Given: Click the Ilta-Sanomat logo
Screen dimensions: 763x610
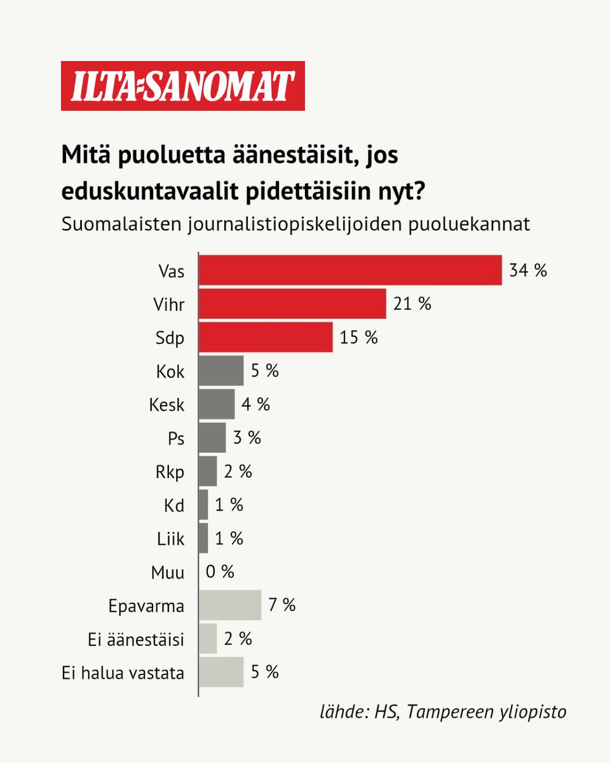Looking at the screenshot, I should tap(183, 86).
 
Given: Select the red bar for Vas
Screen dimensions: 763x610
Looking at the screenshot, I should tap(350, 270).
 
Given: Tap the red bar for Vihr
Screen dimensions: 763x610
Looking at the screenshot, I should tap(292, 304).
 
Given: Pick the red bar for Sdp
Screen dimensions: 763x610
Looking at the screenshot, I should tap(266, 337).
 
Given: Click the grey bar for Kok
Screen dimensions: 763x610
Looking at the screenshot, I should tap(221, 371).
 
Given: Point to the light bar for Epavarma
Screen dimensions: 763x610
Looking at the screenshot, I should tap(230, 605).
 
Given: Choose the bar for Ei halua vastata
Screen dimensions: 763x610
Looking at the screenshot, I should tap(221, 672).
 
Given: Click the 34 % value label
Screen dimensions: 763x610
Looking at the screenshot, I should tap(527, 270).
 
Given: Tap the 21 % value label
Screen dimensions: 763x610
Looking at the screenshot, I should tap(412, 304).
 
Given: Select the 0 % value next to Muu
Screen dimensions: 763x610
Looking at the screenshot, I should tap(220, 572).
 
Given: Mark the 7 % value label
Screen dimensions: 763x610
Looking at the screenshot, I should tap(281, 605).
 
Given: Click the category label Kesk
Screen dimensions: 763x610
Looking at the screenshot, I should tap(167, 404).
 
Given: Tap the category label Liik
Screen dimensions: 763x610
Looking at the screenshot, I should tap(170, 539).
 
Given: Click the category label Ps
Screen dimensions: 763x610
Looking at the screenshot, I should tap(175, 439).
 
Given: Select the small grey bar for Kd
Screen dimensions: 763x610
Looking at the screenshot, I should tap(203, 505).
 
